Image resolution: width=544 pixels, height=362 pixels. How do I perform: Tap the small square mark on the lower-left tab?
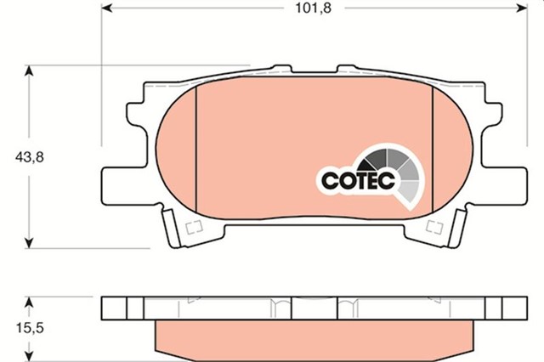[192, 226]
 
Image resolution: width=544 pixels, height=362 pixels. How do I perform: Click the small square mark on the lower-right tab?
[435, 226]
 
